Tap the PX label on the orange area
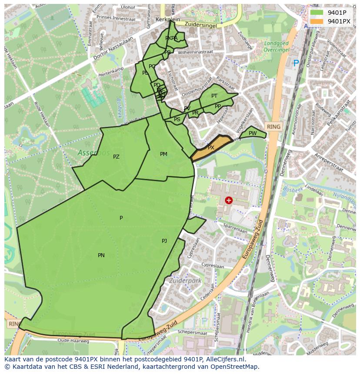click(211, 148)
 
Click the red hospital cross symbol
click(229, 200)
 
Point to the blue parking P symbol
click(296, 63)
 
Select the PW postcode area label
click(253, 133)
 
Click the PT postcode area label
click(214, 96)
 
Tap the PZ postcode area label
click(116, 157)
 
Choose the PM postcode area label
click(163, 154)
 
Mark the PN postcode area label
click(101, 255)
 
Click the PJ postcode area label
click(164, 241)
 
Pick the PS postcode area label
click(177, 119)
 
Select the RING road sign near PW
click(274, 127)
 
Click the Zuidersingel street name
click(200, 25)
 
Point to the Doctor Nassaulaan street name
click(106, 46)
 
